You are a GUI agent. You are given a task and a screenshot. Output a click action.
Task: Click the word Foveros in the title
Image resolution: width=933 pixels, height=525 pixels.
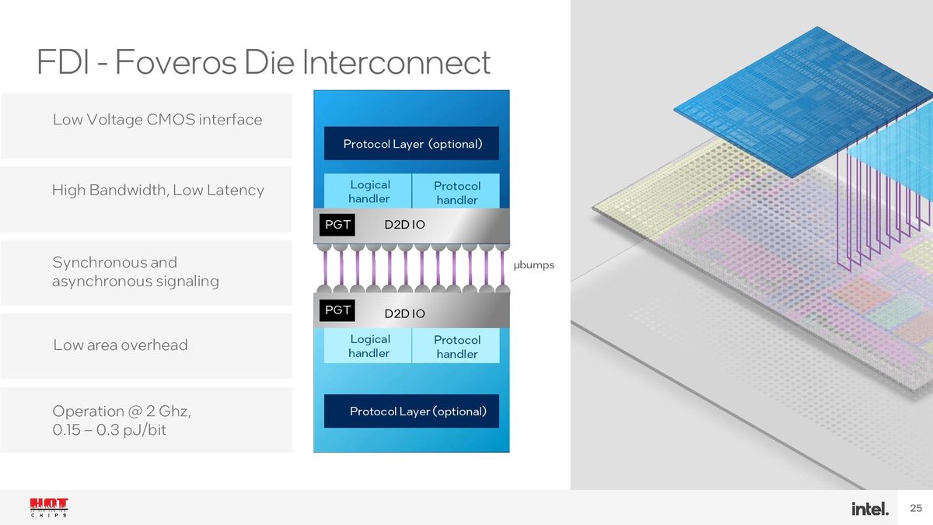176,61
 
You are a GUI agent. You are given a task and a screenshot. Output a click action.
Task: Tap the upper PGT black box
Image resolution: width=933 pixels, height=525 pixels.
337,225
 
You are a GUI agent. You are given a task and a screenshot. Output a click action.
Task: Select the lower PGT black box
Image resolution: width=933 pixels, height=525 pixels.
337,310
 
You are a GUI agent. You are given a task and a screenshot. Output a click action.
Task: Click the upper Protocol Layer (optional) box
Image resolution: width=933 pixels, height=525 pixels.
411,143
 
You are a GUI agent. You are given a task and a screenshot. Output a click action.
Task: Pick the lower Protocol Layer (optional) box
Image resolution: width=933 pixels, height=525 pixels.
411,411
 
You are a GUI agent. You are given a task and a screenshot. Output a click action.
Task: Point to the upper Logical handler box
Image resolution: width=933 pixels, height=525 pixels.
368,191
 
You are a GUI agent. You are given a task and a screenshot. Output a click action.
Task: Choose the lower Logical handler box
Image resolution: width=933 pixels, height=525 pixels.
368,346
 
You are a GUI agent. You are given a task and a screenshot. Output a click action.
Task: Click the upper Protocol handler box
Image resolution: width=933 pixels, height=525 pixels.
456,191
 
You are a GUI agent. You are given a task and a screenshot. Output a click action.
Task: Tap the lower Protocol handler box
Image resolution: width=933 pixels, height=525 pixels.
456,346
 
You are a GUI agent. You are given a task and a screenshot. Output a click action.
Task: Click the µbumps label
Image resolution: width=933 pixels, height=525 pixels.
533,265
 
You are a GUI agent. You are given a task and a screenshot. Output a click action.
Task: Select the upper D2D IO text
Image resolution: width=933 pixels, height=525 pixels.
404,225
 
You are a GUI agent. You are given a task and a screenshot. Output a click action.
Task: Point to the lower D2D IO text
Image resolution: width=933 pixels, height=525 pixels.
404,313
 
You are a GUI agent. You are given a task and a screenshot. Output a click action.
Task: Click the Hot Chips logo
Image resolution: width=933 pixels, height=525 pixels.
49,507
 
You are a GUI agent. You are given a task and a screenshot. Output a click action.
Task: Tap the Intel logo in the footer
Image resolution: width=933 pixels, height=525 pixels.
870,509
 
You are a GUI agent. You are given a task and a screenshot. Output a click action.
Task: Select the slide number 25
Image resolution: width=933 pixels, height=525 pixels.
916,508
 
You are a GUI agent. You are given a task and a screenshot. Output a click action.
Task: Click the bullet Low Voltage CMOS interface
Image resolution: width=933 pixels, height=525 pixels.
157,120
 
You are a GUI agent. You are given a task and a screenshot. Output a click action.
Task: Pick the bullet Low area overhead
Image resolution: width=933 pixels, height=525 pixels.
121,345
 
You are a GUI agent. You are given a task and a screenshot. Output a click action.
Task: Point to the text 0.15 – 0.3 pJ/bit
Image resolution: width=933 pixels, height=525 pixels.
109,429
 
